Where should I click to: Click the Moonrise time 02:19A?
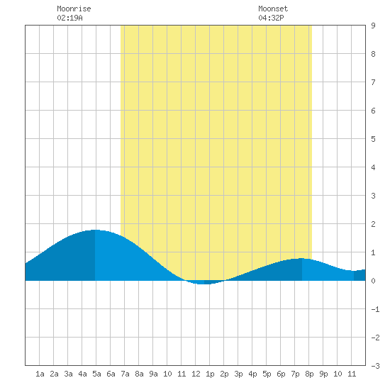click(x=69, y=18)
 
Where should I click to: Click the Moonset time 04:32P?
click(x=271, y=18)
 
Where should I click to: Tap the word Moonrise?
click(x=74, y=9)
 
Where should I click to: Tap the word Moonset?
click(x=273, y=9)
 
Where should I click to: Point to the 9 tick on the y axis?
click(x=373, y=26)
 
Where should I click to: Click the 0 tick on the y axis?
click(x=373, y=281)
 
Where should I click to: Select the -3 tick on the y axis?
click(x=375, y=366)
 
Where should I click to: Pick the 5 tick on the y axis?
click(x=373, y=139)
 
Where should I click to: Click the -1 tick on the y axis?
click(x=375, y=309)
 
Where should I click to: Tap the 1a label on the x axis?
click(x=40, y=374)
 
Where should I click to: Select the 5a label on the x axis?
click(x=96, y=374)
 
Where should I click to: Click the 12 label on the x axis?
click(x=196, y=374)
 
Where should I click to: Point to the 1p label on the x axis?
click(x=210, y=374)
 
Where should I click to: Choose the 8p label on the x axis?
click(x=309, y=374)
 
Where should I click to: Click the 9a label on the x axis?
click(x=153, y=374)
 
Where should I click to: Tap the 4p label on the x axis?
click(x=252, y=374)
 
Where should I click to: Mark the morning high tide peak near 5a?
click(x=95, y=230)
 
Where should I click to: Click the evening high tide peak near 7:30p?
click(x=301, y=259)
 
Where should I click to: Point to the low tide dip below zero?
click(x=204, y=284)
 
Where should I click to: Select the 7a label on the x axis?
click(x=125, y=374)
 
